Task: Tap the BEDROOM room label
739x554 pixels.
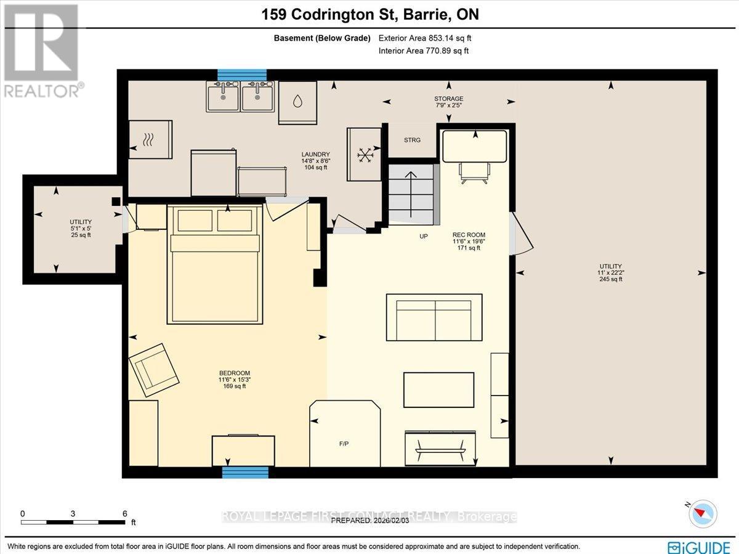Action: tap(235, 373)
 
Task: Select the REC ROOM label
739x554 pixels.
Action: tap(469, 235)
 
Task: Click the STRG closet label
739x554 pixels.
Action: tap(412, 141)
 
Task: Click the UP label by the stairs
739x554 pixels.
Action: tap(424, 236)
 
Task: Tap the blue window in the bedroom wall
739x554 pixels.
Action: tap(245, 472)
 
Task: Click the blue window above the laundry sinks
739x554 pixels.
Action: tap(241, 75)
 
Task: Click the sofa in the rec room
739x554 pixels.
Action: tap(434, 317)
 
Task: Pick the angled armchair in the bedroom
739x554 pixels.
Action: tap(154, 369)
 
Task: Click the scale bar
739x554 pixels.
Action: tap(73, 522)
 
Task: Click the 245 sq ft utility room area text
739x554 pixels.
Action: tap(608, 279)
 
